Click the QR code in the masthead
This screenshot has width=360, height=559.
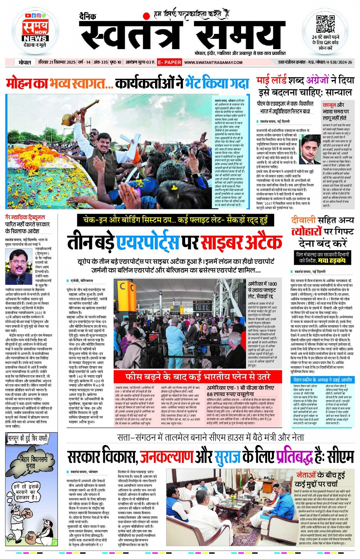pyautogui.click(x=325, y=24)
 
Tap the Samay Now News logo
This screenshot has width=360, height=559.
pyautogui.click(x=35, y=32)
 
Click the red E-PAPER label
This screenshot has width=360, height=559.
pyautogui.click(x=170, y=62)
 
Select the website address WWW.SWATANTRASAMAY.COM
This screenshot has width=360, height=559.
pyautogui.click(x=213, y=62)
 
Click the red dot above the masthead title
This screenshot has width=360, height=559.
pyautogui.click(x=146, y=16)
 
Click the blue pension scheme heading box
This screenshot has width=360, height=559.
pyautogui.click(x=322, y=380)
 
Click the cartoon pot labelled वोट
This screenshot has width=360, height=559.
pyautogui.click(x=30, y=538)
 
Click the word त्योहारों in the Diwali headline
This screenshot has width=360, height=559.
pyautogui.click(x=307, y=232)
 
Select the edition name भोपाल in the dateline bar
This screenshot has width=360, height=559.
pyautogui.click(x=25, y=62)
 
